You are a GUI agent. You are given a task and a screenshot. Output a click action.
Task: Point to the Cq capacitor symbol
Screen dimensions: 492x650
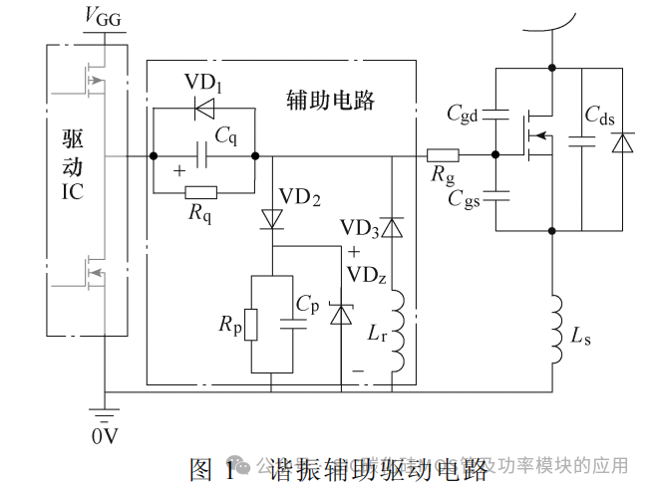pos(203,155)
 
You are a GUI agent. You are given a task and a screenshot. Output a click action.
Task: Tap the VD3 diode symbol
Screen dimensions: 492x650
pos(392,228)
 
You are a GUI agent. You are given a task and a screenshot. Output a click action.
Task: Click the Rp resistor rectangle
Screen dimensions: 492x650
pos(251,325)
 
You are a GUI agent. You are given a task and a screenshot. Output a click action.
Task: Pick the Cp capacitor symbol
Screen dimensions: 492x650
pos(293,322)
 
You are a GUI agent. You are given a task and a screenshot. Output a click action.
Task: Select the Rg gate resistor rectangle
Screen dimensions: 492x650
pos(443,155)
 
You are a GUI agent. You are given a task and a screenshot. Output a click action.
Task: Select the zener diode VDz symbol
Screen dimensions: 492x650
pos(341,315)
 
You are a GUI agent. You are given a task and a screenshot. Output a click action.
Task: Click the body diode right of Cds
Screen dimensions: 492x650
pos(624,143)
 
